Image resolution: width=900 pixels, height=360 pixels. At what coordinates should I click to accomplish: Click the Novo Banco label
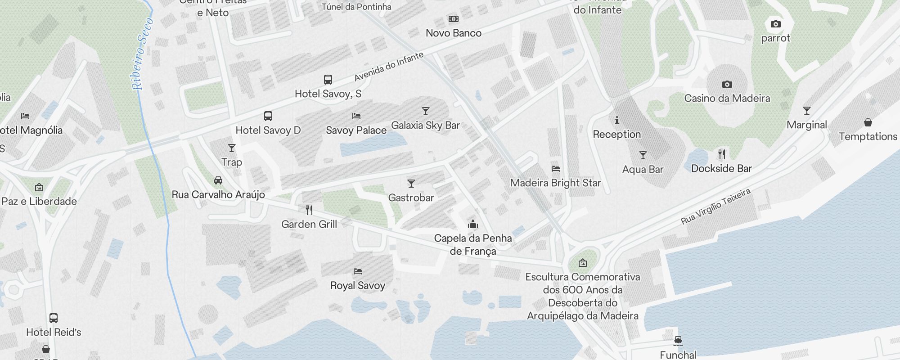(x=454, y=33)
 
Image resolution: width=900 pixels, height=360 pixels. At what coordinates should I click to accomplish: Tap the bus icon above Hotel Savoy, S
(x=328, y=80)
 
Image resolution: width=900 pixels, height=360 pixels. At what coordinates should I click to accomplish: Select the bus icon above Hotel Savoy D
(x=268, y=116)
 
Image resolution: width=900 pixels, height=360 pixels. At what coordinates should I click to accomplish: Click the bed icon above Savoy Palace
(x=356, y=116)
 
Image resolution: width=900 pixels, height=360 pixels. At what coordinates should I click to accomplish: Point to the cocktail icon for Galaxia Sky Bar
(x=426, y=111)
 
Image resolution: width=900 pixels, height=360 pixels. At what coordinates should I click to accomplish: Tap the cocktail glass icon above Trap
(x=232, y=148)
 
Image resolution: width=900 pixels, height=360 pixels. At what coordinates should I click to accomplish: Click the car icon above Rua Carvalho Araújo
(x=218, y=180)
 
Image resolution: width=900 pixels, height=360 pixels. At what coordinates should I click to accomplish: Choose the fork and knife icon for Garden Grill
(x=309, y=210)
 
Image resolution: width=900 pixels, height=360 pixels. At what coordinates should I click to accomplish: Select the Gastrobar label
(x=411, y=198)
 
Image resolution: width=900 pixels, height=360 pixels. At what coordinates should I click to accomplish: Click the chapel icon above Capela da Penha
(x=473, y=224)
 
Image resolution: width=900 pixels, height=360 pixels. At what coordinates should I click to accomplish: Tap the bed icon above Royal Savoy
(x=358, y=271)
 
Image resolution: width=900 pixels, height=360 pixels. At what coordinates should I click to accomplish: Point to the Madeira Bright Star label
(x=555, y=183)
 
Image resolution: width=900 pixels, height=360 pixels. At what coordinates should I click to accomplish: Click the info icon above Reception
(x=617, y=120)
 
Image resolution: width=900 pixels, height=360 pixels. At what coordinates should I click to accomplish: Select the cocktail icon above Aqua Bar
(x=643, y=155)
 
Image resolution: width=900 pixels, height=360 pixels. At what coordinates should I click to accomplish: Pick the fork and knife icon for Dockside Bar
(x=722, y=154)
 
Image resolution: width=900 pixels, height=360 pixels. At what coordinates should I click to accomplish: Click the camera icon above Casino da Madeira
(x=727, y=84)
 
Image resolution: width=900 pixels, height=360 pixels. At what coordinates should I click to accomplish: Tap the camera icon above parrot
(x=775, y=24)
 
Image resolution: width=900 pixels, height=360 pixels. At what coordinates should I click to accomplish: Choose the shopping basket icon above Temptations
(x=868, y=122)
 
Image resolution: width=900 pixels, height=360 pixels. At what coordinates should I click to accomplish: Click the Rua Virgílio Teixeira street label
(x=715, y=206)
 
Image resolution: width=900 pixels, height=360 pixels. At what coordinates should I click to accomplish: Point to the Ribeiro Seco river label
(x=143, y=54)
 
